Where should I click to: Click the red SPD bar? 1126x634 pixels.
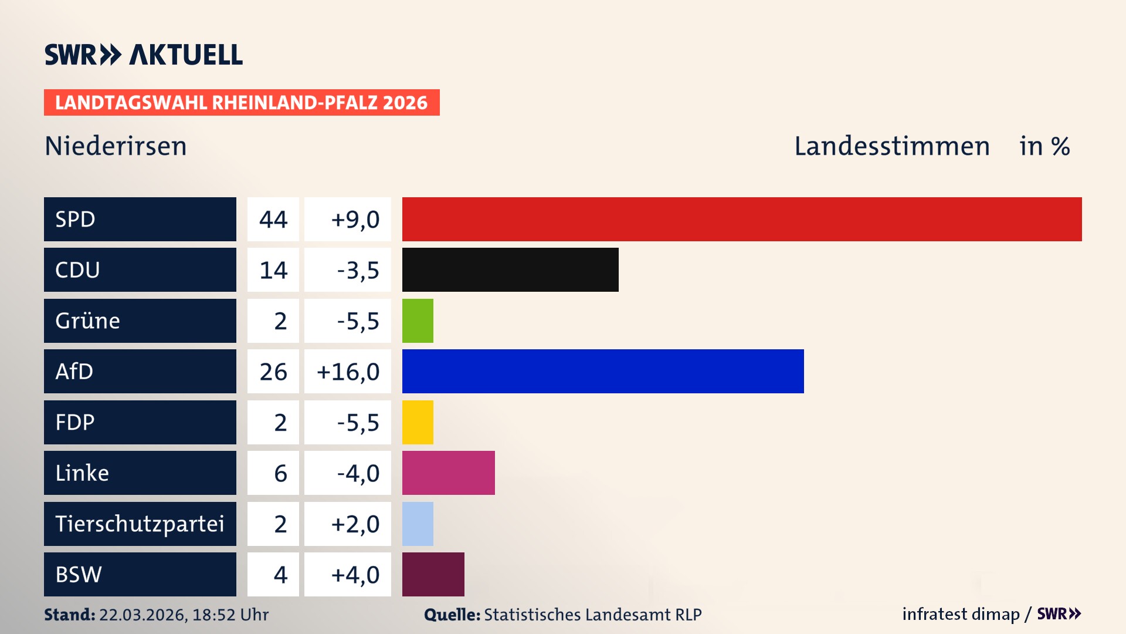(742, 219)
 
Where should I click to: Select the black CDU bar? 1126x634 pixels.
(510, 269)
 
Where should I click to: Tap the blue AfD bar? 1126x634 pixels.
(603, 371)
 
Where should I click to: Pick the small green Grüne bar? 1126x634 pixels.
(418, 321)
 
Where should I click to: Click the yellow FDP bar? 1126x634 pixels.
(418, 422)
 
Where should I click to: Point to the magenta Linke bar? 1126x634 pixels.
(449, 473)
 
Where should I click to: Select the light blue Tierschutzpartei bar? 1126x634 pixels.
(418, 524)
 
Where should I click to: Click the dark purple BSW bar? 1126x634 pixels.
(433, 574)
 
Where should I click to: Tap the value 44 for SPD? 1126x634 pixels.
(273, 220)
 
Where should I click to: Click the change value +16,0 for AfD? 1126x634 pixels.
(348, 372)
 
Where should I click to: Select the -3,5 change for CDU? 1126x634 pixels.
(358, 270)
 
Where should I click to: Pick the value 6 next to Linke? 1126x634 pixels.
(280, 473)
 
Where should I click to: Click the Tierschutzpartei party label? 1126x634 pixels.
(140, 524)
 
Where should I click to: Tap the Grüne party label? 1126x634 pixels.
(88, 321)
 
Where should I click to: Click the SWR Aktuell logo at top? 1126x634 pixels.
(144, 55)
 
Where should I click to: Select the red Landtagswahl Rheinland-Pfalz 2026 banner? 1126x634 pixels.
(242, 103)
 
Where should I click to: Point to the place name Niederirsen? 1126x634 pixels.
(116, 146)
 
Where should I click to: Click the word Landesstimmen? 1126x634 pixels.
(892, 146)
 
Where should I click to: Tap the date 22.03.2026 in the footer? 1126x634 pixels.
(143, 615)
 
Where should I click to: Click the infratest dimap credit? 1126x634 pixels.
(961, 614)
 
